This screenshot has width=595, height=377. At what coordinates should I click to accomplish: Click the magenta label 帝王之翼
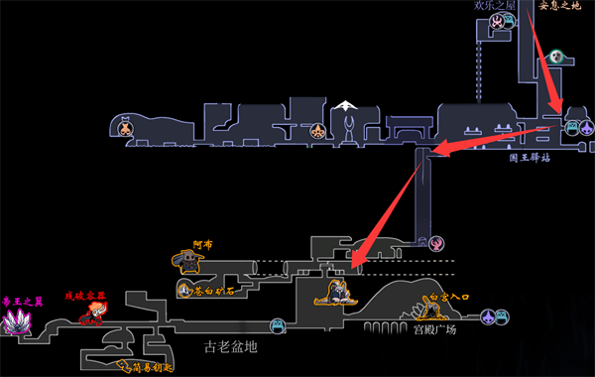[x=20, y=300]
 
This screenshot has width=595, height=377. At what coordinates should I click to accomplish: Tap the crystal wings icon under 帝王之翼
[x=18, y=321]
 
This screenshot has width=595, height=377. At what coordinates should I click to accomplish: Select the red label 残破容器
[x=85, y=296]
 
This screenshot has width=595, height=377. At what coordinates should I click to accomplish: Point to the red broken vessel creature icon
[x=92, y=315]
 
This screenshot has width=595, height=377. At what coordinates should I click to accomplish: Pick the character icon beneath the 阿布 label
[x=186, y=262]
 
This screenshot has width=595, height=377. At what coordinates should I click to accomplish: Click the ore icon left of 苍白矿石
[x=183, y=290]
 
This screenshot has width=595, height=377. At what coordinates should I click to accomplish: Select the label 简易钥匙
[x=138, y=367]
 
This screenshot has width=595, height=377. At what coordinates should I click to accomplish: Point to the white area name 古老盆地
[x=230, y=347]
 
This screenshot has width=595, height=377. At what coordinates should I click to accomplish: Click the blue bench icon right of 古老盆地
[x=278, y=324]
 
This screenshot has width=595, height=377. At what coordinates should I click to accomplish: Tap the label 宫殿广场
[x=436, y=329]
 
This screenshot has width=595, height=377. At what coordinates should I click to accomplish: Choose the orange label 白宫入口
[x=448, y=298]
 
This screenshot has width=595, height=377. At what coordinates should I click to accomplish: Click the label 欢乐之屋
[x=496, y=6]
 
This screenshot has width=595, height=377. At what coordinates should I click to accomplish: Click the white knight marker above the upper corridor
[x=345, y=104]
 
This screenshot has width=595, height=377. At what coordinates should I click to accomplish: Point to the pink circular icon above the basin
[x=436, y=243]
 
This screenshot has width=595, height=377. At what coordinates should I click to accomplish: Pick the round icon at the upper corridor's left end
[x=127, y=126]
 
